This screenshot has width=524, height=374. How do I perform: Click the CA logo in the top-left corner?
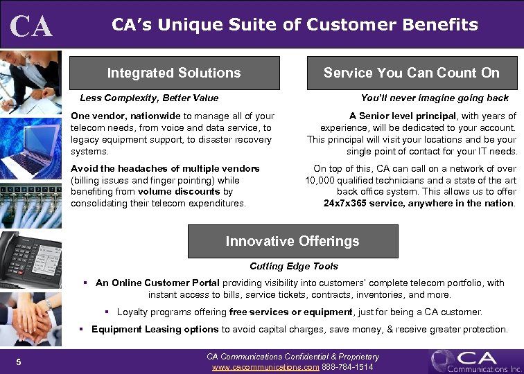(x=31, y=26)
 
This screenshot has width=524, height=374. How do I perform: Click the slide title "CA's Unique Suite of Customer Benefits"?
(x=295, y=25)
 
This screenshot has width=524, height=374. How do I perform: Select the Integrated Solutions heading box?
(x=174, y=73)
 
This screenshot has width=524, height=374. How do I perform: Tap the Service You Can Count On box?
(x=411, y=73)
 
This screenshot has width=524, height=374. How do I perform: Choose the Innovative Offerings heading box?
(x=292, y=241)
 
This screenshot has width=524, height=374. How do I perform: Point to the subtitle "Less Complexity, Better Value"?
(x=149, y=98)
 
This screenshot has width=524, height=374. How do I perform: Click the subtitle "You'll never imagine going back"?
(x=435, y=98)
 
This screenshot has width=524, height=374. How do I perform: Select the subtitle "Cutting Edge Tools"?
(x=294, y=266)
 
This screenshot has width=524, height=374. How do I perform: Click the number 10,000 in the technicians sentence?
(x=320, y=180)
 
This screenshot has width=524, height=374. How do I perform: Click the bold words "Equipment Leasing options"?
(x=155, y=329)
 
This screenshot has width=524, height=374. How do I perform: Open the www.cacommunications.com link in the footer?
(x=265, y=366)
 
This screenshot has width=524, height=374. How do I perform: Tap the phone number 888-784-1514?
(x=348, y=366)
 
